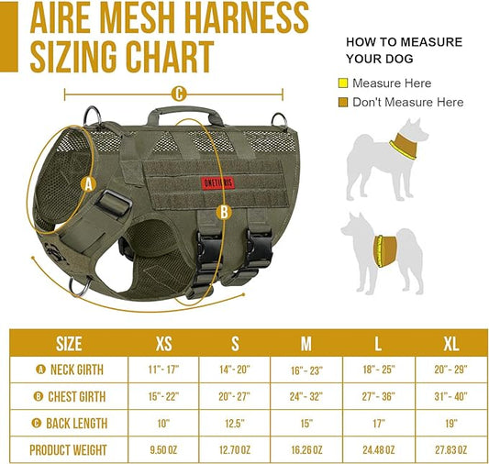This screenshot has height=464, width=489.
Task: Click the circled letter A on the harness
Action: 89,184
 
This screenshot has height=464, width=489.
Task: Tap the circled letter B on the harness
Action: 223,212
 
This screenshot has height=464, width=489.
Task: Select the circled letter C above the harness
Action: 179,93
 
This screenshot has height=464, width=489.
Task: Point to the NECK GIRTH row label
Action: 70,370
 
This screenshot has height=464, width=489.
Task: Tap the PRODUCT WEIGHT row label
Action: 69,449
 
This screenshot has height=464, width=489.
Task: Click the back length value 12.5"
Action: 234,423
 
